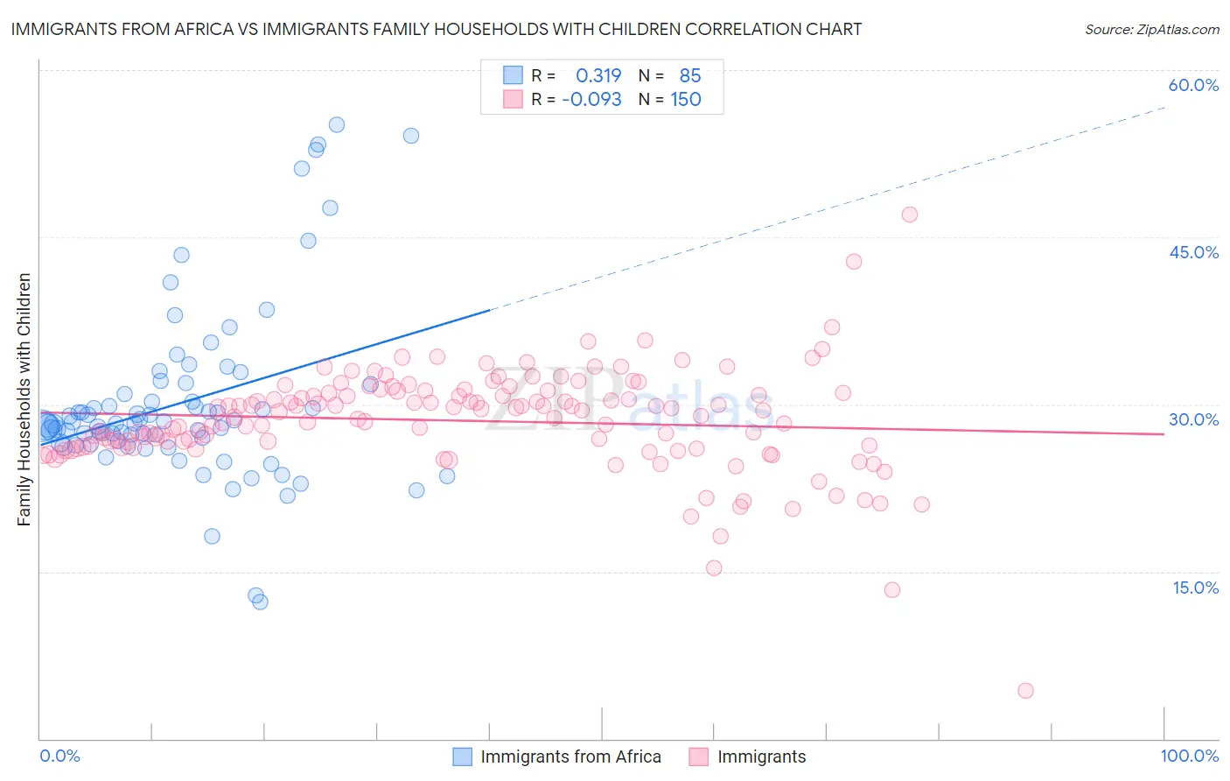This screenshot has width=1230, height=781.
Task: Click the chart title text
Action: pyautogui.click(x=436, y=29)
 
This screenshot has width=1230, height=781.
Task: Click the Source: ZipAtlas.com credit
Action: pyautogui.click(x=1151, y=29)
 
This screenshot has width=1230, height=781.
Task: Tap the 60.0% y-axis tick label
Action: pyautogui.click(x=1193, y=85)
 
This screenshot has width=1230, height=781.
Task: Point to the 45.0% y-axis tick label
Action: pyautogui.click(x=1193, y=252)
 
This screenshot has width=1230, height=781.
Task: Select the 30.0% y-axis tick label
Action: pyautogui.click(x=1193, y=419)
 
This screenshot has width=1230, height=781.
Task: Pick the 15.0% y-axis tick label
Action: pyautogui.click(x=1195, y=588)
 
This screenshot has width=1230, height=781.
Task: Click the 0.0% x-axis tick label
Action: pyautogui.click(x=59, y=756)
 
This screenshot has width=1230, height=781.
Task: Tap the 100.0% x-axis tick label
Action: pyautogui.click(x=1189, y=756)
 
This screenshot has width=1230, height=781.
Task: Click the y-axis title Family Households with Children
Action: pyautogui.click(x=24, y=399)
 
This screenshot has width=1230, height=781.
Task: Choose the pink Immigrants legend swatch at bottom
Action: pyautogui.click(x=698, y=756)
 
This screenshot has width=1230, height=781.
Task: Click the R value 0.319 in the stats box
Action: pyautogui.click(x=598, y=75)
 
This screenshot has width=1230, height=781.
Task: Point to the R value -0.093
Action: pyautogui.click(x=591, y=99)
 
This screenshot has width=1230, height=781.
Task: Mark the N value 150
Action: pyautogui.click(x=686, y=99)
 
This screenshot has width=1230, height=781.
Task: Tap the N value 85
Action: pyautogui.click(x=690, y=75)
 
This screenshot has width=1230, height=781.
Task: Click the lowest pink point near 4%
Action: pyautogui.click(x=1025, y=691)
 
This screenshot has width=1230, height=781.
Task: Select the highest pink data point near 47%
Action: pyautogui.click(x=909, y=215)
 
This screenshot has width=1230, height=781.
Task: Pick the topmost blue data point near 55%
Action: pyautogui.click(x=336, y=125)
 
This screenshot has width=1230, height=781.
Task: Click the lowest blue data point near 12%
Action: pyautogui.click(x=260, y=602)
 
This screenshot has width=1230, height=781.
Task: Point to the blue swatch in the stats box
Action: pyautogui.click(x=513, y=75)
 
